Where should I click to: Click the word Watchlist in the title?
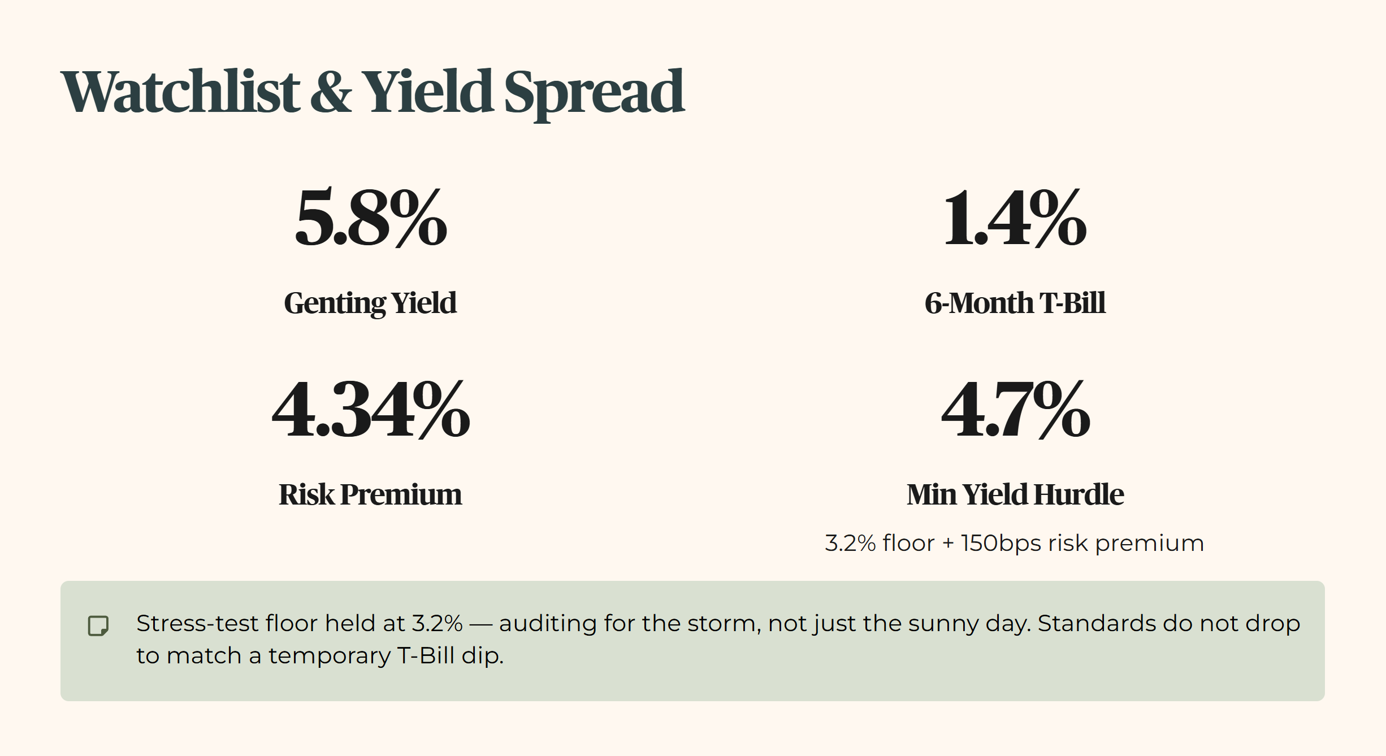[x=180, y=92]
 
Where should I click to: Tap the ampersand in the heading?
[x=331, y=92]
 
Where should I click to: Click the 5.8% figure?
[x=371, y=218]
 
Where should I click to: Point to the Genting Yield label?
[x=370, y=303]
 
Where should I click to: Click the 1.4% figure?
[x=1015, y=218]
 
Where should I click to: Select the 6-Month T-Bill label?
[x=1015, y=303]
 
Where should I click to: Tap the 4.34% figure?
[x=371, y=409]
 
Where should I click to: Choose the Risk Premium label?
[x=370, y=494]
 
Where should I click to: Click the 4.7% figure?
[x=1015, y=409]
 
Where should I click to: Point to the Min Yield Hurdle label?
[x=1015, y=494]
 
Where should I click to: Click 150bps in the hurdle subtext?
[x=1001, y=544]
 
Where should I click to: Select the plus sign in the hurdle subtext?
[x=948, y=544]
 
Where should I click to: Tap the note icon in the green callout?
[x=98, y=626]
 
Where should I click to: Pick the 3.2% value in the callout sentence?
[x=437, y=623]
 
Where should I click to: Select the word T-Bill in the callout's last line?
[x=426, y=655]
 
